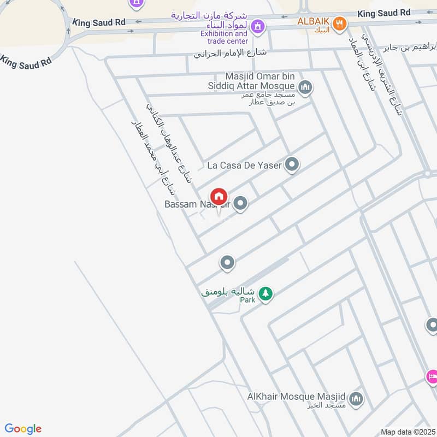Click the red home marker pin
point(218,197)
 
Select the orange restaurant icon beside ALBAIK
point(340,23)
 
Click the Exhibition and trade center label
point(224,37)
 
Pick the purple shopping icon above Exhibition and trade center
point(258,25)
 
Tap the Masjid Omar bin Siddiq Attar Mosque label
point(259,81)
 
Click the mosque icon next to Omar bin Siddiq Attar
point(305,86)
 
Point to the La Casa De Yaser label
point(244,164)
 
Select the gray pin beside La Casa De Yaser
point(292,164)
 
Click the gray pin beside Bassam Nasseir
point(241,204)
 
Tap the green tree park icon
point(265,293)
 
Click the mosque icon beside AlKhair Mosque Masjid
point(356,399)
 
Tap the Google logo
point(23,429)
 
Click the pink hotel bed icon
point(432,376)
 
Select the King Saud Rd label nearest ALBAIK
point(383,13)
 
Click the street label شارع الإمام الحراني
point(225,54)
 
